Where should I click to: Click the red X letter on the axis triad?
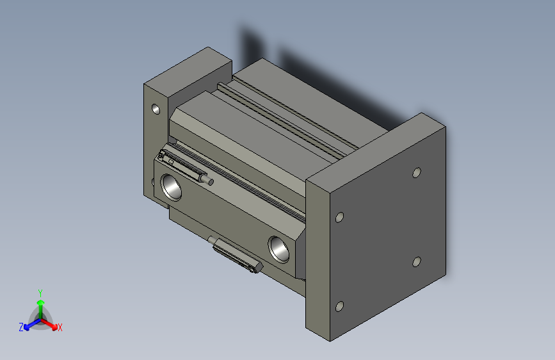60,327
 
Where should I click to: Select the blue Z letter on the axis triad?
21,327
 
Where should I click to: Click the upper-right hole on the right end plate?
416,172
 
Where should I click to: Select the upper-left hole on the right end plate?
340,217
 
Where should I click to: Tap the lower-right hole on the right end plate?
416,261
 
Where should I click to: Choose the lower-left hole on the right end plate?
339,306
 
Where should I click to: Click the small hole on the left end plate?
155,109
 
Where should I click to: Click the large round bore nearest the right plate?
280,248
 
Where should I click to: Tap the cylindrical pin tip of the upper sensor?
209,181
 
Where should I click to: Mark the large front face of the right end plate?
384,231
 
